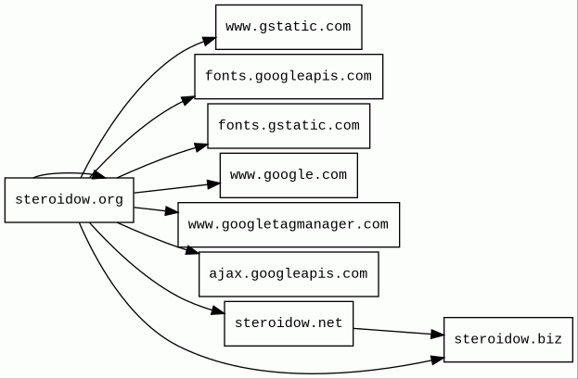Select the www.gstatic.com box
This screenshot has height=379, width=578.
(x=289, y=27)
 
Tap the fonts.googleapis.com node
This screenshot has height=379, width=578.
(x=289, y=76)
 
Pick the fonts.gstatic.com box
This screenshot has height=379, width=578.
(x=289, y=126)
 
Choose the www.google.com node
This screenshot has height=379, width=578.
(x=289, y=175)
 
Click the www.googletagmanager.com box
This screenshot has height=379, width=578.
(x=289, y=224)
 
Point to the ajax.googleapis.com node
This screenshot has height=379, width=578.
(x=289, y=274)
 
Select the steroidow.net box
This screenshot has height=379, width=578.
(x=289, y=323)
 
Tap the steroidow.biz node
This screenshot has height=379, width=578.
(x=509, y=339)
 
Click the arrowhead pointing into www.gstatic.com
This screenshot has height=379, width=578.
(x=210, y=40)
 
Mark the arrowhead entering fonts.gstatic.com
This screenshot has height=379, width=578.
(x=201, y=145)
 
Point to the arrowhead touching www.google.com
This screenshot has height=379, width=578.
(x=213, y=184)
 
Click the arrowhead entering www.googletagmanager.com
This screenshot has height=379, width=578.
(x=172, y=213)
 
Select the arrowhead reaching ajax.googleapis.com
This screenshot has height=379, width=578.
(x=192, y=250)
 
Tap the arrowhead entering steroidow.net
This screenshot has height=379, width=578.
(x=217, y=309)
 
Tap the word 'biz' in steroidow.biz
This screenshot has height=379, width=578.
(x=550, y=339)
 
